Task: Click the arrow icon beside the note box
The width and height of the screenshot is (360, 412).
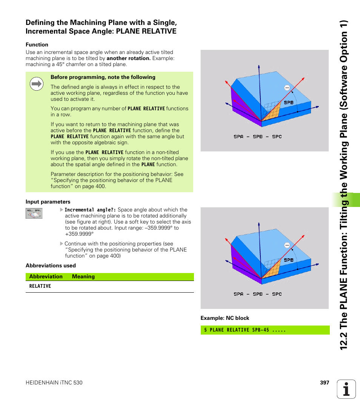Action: [37, 84]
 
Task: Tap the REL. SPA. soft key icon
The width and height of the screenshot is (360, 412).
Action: [34, 213]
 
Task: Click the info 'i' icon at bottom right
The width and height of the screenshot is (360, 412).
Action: [346, 389]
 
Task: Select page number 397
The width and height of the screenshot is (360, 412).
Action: [325, 383]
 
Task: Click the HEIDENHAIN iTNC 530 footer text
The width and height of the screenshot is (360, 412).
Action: [54, 383]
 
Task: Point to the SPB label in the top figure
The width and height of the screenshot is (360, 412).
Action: [288, 103]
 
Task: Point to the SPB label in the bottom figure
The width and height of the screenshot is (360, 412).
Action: [288, 260]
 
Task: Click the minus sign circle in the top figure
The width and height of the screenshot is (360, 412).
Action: [287, 88]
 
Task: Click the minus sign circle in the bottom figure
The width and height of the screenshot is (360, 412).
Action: [287, 245]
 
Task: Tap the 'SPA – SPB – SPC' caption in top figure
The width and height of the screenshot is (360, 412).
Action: [257, 137]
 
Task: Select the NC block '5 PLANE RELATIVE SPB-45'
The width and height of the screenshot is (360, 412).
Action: [245, 330]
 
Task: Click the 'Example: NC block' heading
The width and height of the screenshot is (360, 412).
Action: [225, 318]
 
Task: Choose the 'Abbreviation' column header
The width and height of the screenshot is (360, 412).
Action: [46, 276]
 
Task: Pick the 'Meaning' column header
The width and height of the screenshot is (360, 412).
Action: [83, 276]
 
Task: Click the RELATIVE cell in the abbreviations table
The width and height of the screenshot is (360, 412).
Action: [40, 286]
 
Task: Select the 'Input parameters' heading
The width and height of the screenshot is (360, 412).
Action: [48, 202]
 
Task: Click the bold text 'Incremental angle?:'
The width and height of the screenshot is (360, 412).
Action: [90, 210]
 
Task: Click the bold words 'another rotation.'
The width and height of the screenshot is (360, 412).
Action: [128, 59]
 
